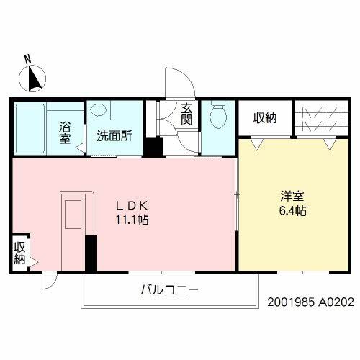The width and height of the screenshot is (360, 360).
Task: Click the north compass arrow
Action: click(35, 77)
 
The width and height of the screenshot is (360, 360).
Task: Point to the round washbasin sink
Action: click(99, 111)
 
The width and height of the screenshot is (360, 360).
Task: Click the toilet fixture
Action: click(217, 113)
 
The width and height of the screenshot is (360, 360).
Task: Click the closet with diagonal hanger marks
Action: click(317, 119)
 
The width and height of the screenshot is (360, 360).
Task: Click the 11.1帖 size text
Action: click(130, 220)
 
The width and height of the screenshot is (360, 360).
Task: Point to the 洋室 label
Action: click(292, 196)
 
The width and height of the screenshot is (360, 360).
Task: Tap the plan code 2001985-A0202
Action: click(311, 302)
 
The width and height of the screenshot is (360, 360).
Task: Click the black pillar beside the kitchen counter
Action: click(91, 253)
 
